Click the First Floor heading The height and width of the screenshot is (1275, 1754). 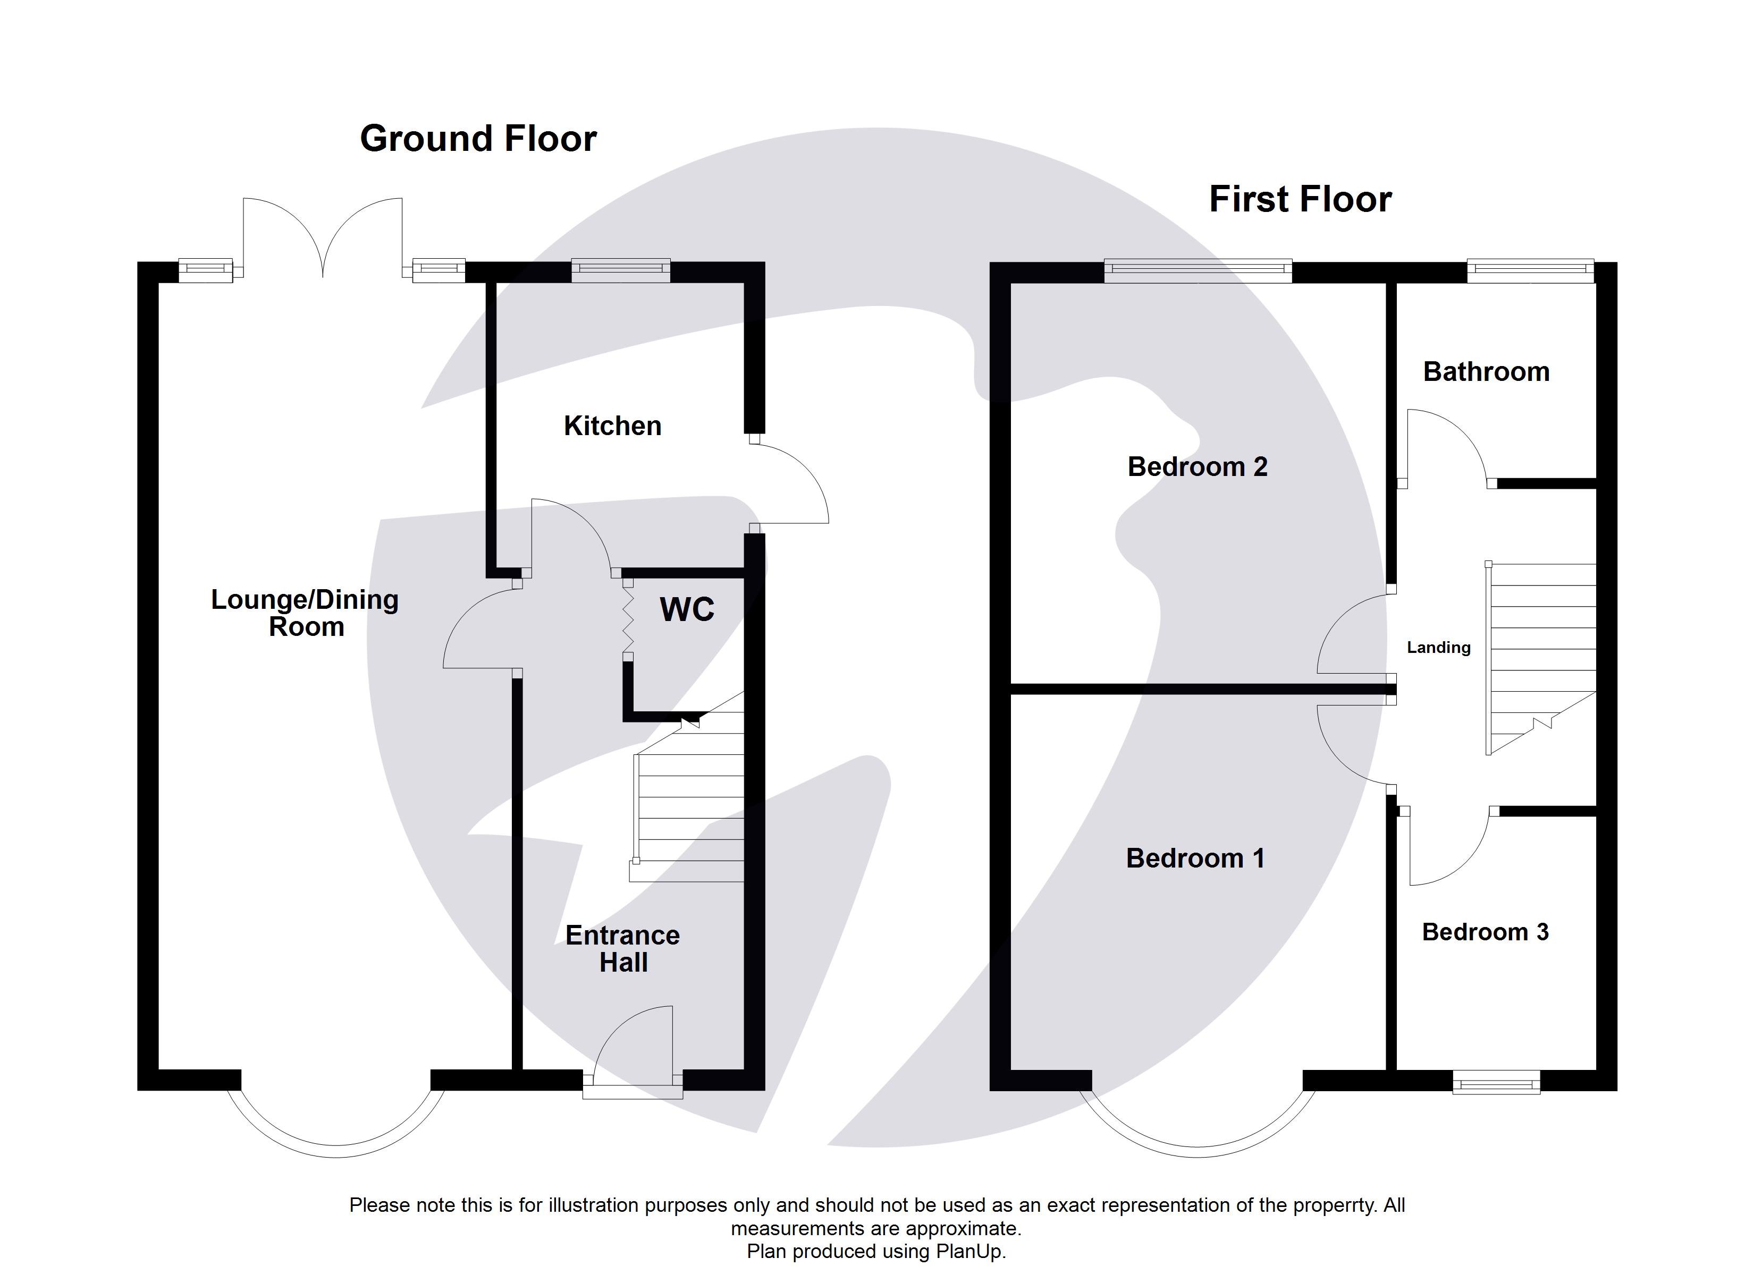(x=1300, y=200)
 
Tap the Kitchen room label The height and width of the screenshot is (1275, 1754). (x=612, y=426)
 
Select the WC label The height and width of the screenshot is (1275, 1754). (x=687, y=610)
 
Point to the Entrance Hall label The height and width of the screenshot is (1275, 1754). (x=622, y=949)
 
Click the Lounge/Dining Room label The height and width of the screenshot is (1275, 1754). (x=306, y=613)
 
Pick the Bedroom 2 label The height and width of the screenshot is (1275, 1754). (x=1197, y=467)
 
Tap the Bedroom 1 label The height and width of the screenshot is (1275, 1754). (x=1195, y=858)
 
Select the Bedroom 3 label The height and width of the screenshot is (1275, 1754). (x=1485, y=932)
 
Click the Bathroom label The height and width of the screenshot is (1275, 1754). (x=1486, y=372)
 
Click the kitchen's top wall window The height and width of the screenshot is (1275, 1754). (x=620, y=270)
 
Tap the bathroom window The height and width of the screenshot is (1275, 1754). (x=1530, y=270)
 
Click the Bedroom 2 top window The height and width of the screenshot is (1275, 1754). (x=1197, y=270)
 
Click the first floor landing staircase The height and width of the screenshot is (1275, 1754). (x=1541, y=657)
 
